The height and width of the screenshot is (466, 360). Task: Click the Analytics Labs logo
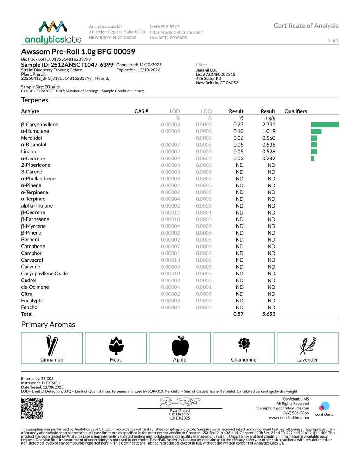click(53, 33)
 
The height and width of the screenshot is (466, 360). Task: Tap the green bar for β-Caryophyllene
click(325, 125)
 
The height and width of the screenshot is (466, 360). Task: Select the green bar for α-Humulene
click(316, 131)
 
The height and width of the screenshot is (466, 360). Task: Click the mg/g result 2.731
click(269, 125)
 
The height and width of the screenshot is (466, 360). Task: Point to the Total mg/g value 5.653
click(269, 314)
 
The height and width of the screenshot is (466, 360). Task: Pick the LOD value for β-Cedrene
click(171, 212)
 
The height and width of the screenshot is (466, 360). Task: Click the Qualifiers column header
click(296, 111)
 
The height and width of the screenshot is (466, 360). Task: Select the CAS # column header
click(141, 111)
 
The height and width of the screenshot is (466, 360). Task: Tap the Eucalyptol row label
click(33, 301)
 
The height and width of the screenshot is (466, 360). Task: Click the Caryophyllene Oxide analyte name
click(44, 274)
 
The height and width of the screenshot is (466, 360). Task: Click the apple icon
click(180, 345)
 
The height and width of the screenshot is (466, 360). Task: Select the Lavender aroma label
click(307, 359)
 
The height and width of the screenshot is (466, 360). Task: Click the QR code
click(32, 408)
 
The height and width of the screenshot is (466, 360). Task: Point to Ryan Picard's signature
click(180, 402)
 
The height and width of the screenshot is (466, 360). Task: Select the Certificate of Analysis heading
click(306, 26)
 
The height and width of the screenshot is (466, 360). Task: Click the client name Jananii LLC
click(206, 70)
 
